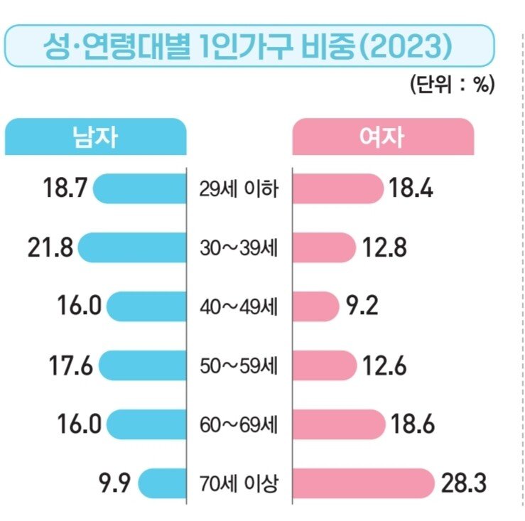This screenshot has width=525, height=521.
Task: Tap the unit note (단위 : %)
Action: coord(451,85)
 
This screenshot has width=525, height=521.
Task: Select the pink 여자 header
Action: coord(383,137)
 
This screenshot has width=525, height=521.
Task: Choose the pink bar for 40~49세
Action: coord(315,307)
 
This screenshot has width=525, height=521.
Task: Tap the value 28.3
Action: coord(463,485)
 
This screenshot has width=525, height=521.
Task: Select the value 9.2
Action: coord(362,307)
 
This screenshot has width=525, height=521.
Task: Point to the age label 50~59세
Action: coord(239,367)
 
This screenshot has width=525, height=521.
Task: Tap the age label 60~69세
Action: coord(239,426)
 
